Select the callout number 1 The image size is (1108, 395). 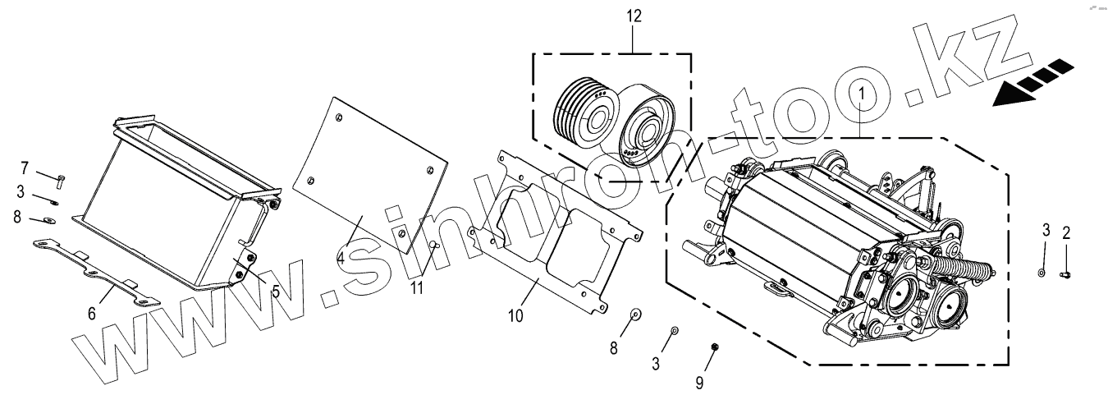(860, 95)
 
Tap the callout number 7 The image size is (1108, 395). (25, 168)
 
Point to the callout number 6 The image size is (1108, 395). (92, 313)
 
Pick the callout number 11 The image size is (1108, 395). (417, 287)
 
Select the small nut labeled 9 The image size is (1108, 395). (714, 346)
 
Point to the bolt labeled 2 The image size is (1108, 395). (1066, 273)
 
